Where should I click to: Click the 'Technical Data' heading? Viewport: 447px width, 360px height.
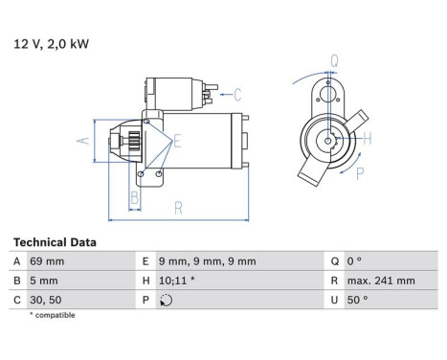(x=55, y=243)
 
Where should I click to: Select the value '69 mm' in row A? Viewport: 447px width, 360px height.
(x=48, y=261)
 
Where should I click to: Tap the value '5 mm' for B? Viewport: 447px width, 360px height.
(x=44, y=281)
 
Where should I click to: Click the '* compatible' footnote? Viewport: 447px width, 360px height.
(x=53, y=315)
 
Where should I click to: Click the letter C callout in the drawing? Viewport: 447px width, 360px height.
(x=237, y=94)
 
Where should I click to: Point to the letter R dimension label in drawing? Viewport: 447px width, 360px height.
(x=179, y=208)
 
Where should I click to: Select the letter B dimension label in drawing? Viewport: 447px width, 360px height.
(x=134, y=197)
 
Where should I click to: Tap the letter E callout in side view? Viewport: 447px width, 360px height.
(x=178, y=141)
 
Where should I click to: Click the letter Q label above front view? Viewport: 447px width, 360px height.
(x=333, y=61)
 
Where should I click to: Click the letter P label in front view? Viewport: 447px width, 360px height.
(x=360, y=174)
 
